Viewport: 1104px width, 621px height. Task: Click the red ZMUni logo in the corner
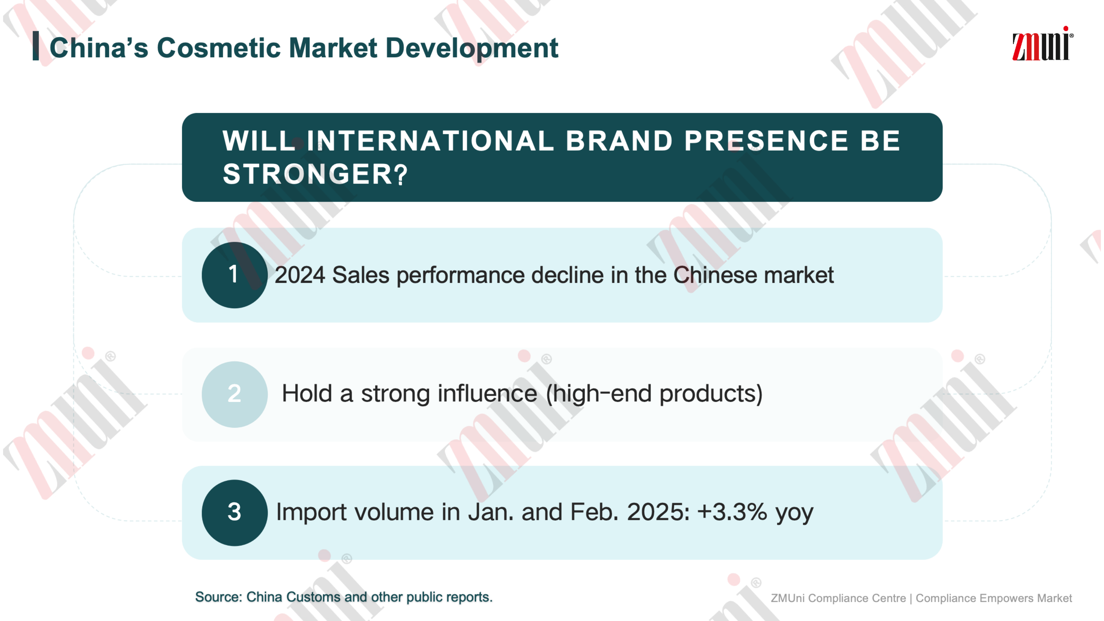(1042, 44)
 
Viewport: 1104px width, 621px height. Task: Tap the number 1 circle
(234, 275)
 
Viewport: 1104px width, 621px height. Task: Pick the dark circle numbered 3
(234, 513)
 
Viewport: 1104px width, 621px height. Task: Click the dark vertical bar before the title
(35, 46)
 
